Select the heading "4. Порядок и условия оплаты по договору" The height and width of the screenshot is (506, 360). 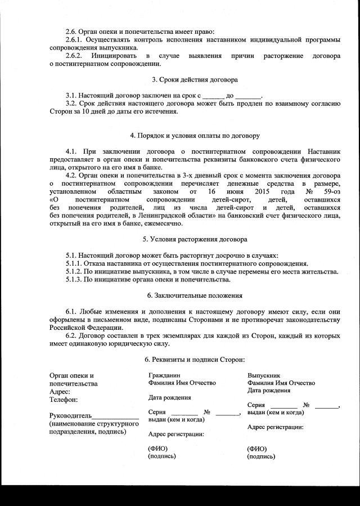coord(194,136)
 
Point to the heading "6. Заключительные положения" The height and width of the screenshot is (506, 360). coord(195,295)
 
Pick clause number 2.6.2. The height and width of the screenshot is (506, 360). coord(74,56)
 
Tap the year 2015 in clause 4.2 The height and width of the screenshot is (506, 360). coord(263,191)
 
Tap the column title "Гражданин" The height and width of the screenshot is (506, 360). coord(164,375)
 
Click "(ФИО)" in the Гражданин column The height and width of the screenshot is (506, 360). coord(158,449)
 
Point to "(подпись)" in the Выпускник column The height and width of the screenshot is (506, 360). coord(261,456)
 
